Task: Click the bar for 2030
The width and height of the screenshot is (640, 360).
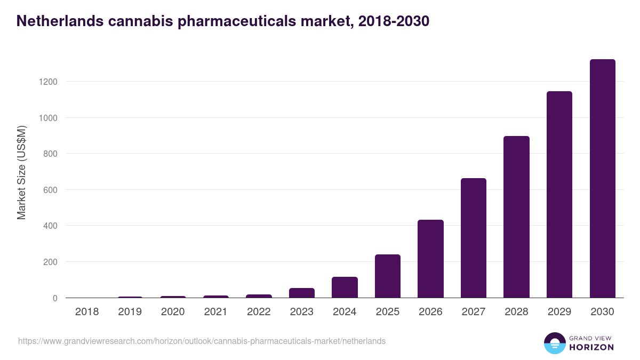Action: point(602,179)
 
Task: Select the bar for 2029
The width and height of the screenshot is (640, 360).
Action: point(559,195)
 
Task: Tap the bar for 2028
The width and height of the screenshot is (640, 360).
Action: point(516,217)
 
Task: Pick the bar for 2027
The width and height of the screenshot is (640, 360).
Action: point(474,238)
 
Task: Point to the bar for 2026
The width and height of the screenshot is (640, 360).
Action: point(430,259)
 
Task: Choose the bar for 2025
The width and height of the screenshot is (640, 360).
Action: point(388,276)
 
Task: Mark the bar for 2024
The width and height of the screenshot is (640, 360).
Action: point(345,287)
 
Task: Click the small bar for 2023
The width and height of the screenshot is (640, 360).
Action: point(302,293)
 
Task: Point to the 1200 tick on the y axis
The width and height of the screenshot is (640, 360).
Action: point(47,82)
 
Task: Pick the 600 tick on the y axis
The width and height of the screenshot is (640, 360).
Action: point(50,190)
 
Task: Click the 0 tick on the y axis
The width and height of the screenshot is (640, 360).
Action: point(55,298)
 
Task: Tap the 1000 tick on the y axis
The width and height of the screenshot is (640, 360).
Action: point(47,118)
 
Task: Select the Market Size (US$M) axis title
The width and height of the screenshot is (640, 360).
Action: point(21,172)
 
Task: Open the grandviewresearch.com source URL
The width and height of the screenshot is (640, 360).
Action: point(202,341)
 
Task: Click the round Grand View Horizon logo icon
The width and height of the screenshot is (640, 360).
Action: point(555,343)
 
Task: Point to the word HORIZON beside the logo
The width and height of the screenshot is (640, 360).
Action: point(591,347)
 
